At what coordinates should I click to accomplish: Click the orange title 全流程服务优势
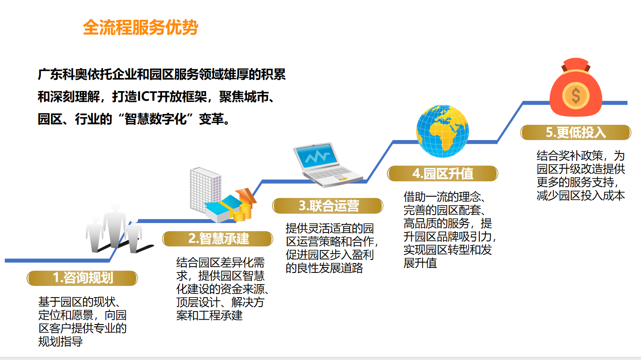click(140, 27)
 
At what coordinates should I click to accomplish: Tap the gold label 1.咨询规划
click(83, 278)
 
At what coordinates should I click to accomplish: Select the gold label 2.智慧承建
click(218, 239)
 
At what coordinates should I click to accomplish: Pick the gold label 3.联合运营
click(328, 206)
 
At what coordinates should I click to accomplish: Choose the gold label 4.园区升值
click(443, 173)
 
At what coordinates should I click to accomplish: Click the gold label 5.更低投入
click(576, 132)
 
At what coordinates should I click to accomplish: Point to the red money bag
click(576, 87)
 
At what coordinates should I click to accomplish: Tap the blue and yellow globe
click(443, 131)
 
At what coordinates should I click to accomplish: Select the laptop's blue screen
click(316, 156)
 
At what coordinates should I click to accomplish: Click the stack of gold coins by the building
click(243, 212)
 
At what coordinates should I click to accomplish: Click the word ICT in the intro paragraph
click(146, 97)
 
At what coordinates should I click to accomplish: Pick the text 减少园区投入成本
click(580, 195)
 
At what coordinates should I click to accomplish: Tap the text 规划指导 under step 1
click(61, 342)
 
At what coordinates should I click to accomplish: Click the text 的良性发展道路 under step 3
click(324, 268)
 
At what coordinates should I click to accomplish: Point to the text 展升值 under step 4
click(420, 263)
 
